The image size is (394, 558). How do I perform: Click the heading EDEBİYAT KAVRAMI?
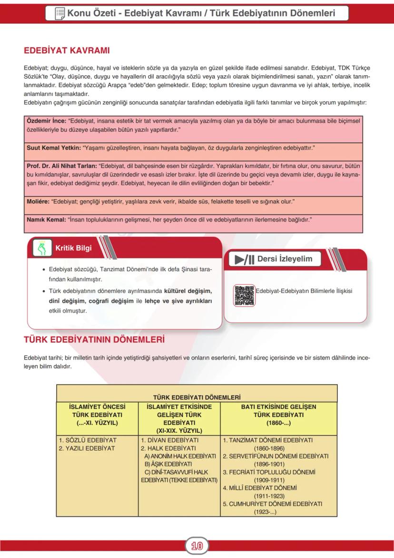(x=67, y=50)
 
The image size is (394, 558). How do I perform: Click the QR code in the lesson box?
(x=244, y=295)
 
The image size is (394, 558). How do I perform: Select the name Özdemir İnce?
(x=46, y=121)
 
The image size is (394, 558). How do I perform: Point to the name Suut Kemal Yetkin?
(x=53, y=148)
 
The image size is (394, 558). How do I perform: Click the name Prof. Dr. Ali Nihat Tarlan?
(x=61, y=166)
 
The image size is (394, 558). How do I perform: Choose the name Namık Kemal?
(x=46, y=220)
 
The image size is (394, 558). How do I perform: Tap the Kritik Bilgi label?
(x=73, y=248)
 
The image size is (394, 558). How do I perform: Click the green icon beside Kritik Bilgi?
(x=43, y=248)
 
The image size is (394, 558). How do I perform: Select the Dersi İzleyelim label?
(x=285, y=259)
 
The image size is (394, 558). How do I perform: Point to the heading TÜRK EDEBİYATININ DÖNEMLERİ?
(x=94, y=340)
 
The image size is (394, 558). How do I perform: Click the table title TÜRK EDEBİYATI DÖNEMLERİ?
(x=197, y=396)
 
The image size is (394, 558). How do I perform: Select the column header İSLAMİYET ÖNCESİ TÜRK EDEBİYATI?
(x=97, y=415)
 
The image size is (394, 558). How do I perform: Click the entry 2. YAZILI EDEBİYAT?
(x=87, y=448)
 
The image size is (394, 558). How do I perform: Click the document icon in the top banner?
(x=60, y=13)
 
